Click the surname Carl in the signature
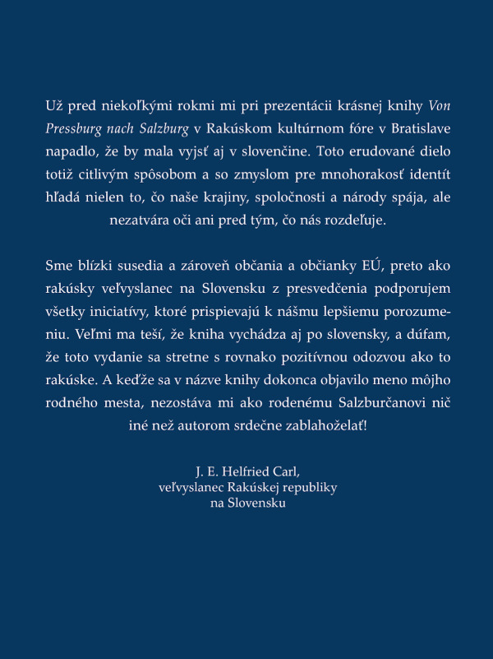pos(286,472)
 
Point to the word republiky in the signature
pos(303,488)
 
